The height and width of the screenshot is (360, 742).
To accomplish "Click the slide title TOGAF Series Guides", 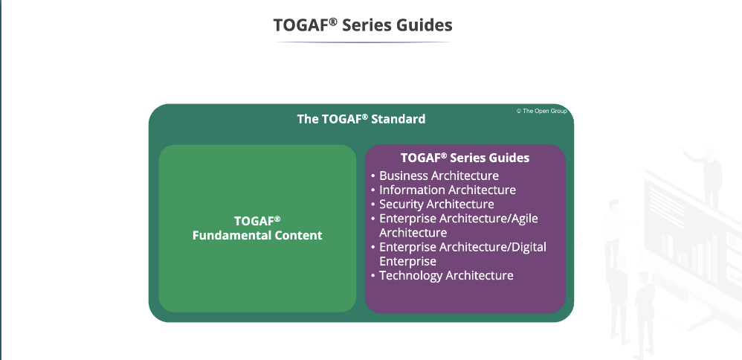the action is [363, 25].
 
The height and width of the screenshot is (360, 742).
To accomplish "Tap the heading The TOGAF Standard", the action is [361, 118].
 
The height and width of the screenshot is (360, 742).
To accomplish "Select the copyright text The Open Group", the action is [542, 112].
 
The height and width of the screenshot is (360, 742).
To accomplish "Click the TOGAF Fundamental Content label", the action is [257, 228].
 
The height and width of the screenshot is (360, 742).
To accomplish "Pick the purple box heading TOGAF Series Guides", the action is [465, 158].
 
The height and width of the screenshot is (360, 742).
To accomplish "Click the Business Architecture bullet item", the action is [439, 176].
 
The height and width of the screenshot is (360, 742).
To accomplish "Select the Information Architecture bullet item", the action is [448, 190].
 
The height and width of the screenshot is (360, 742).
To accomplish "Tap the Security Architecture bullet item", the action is [436, 204].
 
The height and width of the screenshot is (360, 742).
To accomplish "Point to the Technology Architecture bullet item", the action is [446, 275].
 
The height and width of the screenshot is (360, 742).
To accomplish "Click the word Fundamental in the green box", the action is [225, 236].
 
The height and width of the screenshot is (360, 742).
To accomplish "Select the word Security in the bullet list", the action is [401, 204].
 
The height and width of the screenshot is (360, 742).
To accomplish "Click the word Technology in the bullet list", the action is [410, 275].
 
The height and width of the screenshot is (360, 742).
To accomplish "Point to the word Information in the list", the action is [412, 190].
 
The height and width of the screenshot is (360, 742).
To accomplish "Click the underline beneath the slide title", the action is [363, 42].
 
